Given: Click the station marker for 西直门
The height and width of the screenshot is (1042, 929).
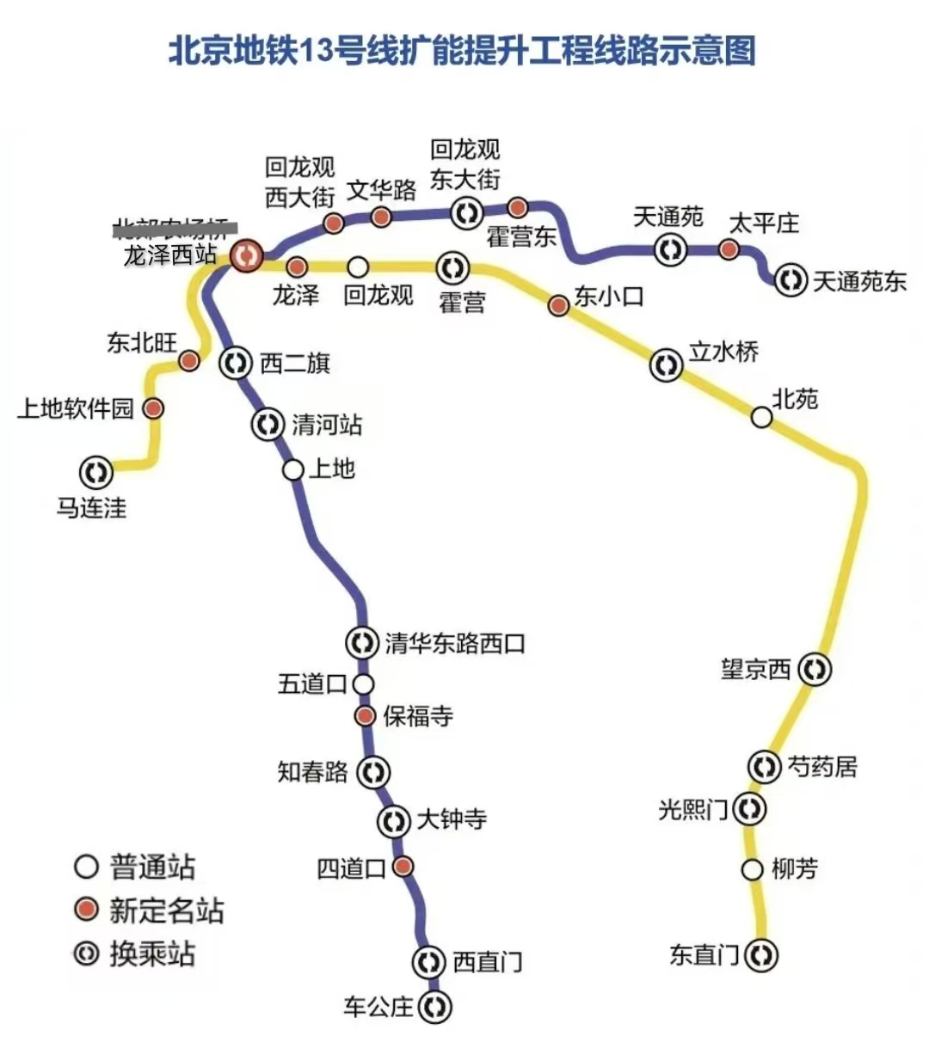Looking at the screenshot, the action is [428, 961].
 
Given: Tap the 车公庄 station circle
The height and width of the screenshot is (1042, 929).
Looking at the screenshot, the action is [435, 1005].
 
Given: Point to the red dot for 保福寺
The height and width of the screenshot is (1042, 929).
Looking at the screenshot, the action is [366, 715].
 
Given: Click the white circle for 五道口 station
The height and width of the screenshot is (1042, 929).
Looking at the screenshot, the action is [364, 683].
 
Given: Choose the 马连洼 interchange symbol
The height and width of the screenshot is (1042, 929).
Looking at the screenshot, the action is [95, 471].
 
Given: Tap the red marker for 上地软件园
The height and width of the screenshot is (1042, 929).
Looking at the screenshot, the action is [153, 408].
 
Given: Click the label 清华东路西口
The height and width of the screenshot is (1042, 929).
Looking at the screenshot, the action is [454, 643].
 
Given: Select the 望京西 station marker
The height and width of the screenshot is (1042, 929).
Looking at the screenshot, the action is [814, 669].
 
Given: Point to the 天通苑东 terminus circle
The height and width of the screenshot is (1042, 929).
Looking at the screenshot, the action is [791, 280].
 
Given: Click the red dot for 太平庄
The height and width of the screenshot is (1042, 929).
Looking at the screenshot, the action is [729, 249].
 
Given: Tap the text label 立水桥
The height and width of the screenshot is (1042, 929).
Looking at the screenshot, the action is [723, 352].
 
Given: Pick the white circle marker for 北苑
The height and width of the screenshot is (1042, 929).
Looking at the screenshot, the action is [761, 417].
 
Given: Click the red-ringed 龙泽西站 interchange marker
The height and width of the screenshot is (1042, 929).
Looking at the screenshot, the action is [247, 255].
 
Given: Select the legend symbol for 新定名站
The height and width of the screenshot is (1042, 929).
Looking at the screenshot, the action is [86, 909].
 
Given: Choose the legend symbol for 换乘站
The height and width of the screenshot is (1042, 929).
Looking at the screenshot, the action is [86, 953].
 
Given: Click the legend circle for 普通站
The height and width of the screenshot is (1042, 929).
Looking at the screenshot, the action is [86, 866].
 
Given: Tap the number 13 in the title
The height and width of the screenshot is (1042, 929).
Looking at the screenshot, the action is [316, 51].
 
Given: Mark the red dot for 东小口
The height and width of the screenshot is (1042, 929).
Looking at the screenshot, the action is [558, 304].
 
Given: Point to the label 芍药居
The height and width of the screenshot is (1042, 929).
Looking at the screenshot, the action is [822, 766].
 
